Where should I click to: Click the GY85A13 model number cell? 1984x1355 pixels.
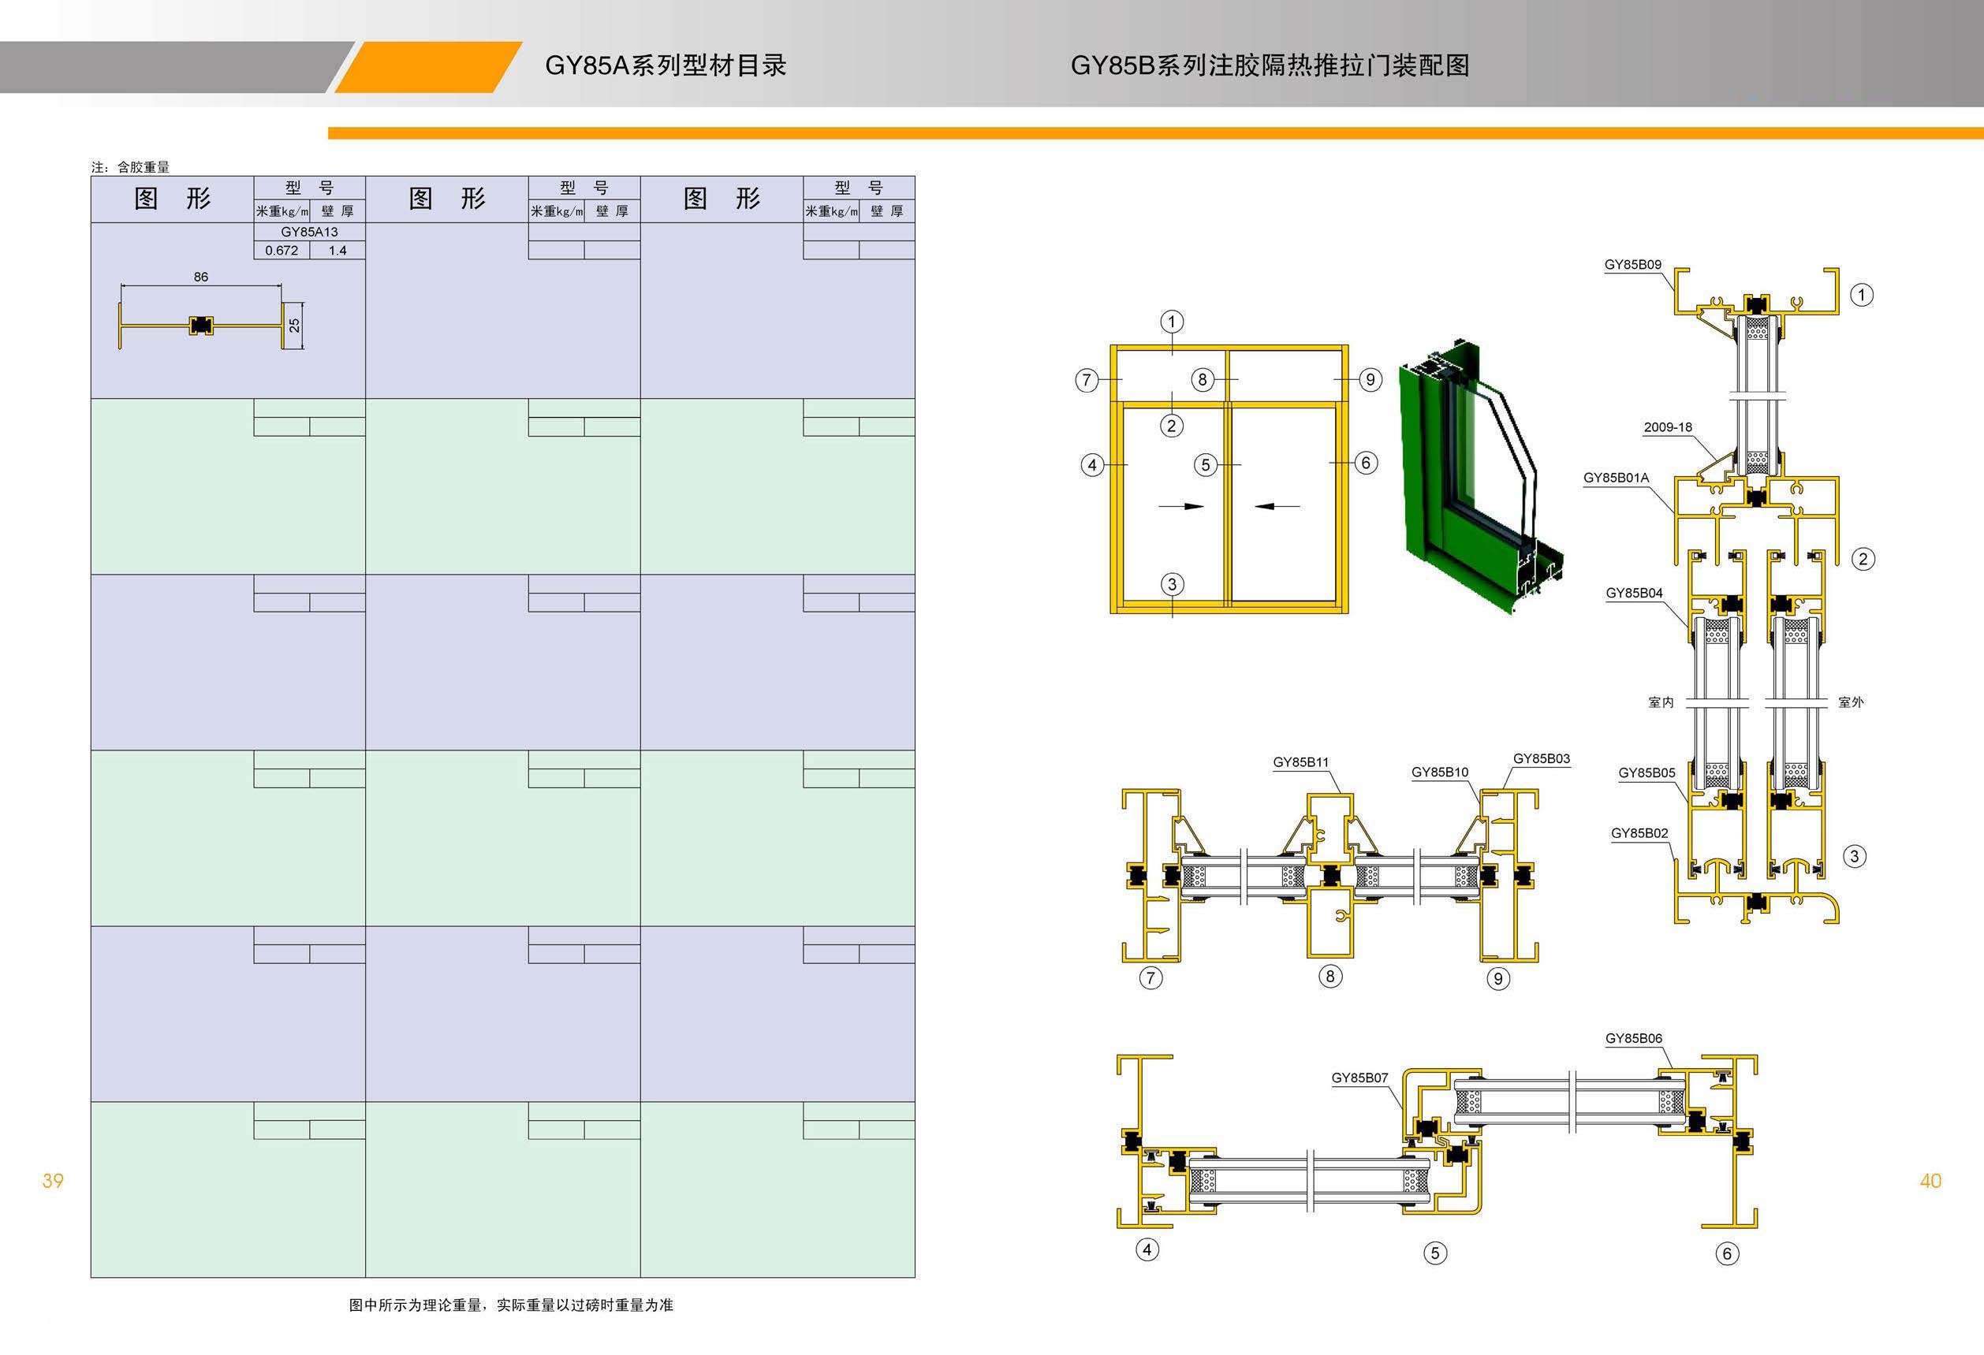coord(309,232)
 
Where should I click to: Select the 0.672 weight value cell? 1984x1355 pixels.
coord(282,251)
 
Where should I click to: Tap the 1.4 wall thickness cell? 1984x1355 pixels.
coord(338,251)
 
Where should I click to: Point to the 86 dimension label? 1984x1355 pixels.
coord(200,277)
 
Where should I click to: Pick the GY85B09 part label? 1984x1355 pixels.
coord(1632,265)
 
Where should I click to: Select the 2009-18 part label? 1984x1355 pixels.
coord(1667,427)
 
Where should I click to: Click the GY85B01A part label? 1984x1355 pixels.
coord(1616,478)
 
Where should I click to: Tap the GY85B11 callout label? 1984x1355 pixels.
coord(1300,763)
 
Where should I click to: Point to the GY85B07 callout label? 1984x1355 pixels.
coord(1360,1078)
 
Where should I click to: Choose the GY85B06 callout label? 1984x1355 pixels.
coord(1633,1038)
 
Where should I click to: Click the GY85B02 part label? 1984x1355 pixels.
coord(1639,834)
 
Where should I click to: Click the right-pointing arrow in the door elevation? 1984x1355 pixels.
coord(1180,506)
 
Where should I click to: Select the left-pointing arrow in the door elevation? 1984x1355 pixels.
coord(1277,506)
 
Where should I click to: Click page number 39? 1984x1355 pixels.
coord(53,1181)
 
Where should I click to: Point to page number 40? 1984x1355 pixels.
coord(1930,1181)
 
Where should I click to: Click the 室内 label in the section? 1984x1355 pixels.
coord(1661,702)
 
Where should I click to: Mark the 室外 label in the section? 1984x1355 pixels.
coord(1851,702)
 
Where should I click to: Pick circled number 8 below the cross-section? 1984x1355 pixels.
coord(1330,976)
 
